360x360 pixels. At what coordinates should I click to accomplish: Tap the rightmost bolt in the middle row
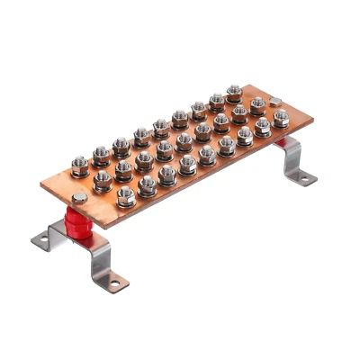257,106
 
